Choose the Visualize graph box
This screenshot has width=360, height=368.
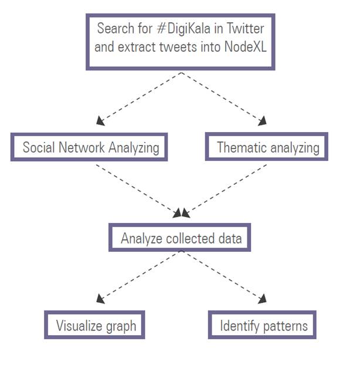tap(94, 325)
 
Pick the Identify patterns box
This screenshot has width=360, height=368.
tap(263, 325)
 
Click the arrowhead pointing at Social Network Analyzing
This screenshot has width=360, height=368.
tap(100, 121)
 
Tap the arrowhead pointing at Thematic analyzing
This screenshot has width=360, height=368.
tap(262, 121)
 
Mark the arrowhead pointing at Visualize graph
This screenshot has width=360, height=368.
tap(100, 299)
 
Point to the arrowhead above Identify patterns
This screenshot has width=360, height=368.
tap(261, 300)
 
